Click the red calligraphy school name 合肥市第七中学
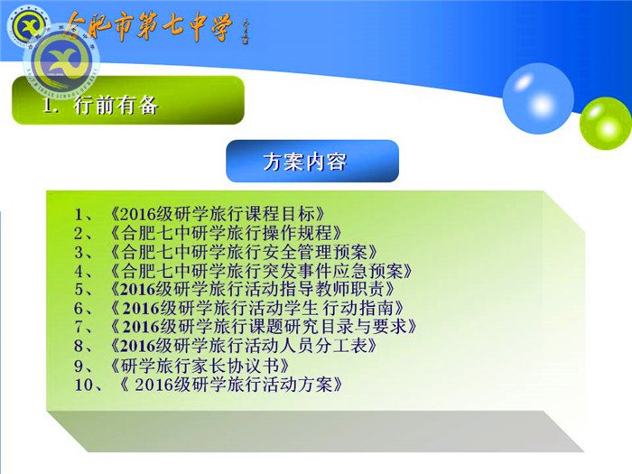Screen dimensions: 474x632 coord(148,26)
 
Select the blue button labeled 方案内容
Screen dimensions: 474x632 coord(311,162)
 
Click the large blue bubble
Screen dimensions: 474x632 coord(537,97)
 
